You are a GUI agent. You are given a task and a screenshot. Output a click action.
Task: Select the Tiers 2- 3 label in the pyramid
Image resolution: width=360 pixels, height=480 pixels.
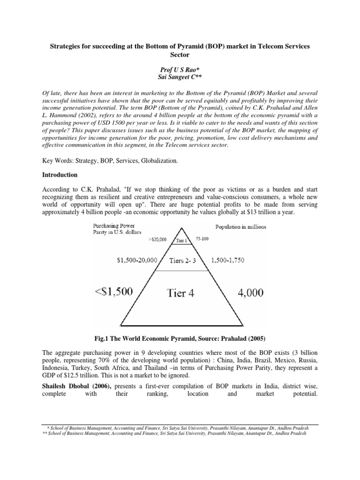(180, 260)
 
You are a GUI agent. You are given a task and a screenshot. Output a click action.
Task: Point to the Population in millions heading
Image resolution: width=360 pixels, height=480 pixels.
(240, 227)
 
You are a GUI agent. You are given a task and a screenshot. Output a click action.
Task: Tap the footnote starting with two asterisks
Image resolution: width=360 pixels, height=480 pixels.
(168, 434)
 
